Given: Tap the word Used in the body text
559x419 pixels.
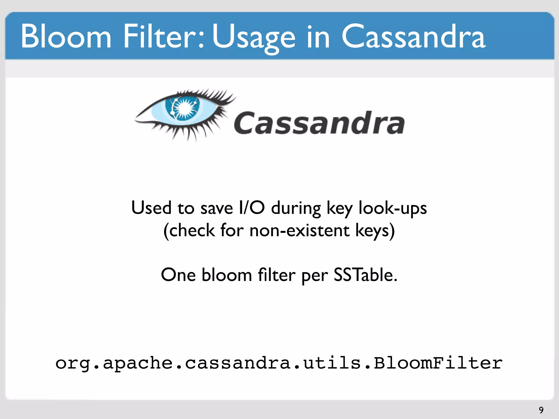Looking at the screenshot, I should [151, 208].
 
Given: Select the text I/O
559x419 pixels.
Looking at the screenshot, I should [251, 208].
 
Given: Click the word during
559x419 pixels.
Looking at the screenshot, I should [296, 209].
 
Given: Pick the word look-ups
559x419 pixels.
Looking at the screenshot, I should [393, 209].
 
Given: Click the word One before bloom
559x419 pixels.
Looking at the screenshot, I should [178, 275].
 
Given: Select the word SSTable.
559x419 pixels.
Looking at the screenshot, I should [365, 275].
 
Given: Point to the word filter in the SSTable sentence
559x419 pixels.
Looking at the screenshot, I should [276, 275].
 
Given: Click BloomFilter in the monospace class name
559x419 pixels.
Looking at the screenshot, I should [438, 363].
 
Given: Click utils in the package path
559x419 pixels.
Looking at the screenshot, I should [332, 363].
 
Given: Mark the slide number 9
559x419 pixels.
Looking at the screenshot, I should [541, 410].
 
